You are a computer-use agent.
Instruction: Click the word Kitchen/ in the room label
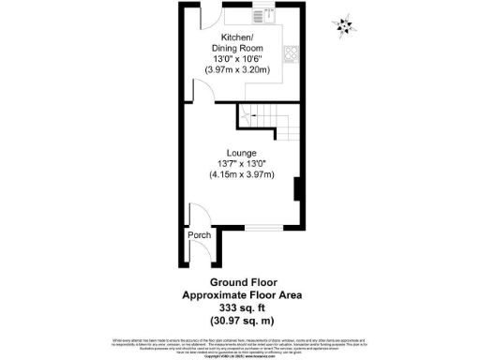(x=235, y=37)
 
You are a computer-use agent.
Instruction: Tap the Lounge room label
(x=241, y=152)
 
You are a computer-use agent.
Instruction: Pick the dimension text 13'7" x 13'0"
(x=241, y=165)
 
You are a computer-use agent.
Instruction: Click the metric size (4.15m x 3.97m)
(x=241, y=175)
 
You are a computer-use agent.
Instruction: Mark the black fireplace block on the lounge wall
(x=297, y=189)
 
